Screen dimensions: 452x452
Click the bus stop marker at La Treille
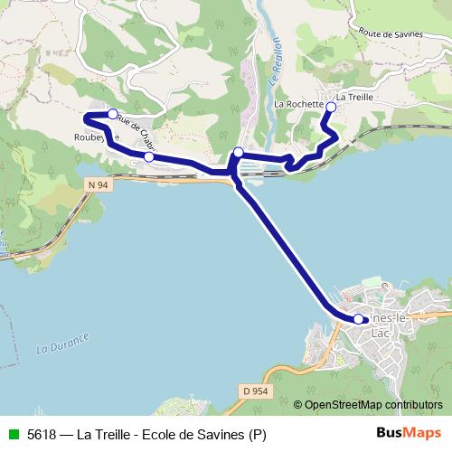pos(331,108)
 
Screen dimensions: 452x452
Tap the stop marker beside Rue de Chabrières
pos(149,156)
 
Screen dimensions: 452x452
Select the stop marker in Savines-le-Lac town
pos(359,319)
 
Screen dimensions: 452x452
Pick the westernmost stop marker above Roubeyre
pos(113,114)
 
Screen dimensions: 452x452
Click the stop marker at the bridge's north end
pos(238,152)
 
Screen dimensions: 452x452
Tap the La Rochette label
pos(298,104)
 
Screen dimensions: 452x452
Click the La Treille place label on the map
pos(354,97)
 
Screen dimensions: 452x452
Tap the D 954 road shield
pos(257,390)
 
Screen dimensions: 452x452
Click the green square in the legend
pos(14,433)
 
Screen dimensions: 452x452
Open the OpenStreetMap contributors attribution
pos(372,404)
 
